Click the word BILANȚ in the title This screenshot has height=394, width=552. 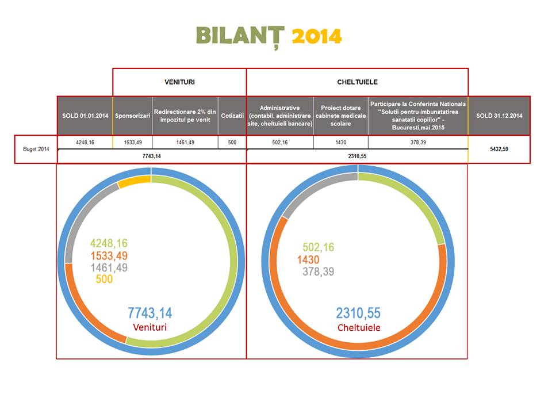[240, 36]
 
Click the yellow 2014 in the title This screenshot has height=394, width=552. [317, 36]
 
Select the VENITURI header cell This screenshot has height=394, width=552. [179, 82]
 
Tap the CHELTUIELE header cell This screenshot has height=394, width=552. [357, 82]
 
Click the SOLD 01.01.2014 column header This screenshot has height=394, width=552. [85, 116]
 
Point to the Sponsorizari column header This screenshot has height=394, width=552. [132, 116]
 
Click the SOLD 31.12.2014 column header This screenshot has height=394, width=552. [499, 116]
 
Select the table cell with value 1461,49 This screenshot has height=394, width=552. [185, 141]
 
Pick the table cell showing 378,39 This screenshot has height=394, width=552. [417, 141]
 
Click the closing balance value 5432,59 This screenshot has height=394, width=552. [499, 149]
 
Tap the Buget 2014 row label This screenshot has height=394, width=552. [35, 149]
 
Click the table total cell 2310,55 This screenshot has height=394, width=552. [357, 156]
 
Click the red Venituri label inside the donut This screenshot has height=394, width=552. [149, 327]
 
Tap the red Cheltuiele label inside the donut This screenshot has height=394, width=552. [358, 327]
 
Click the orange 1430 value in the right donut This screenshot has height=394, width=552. [308, 260]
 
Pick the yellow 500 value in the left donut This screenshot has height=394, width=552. [104, 280]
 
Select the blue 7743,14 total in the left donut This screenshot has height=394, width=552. [149, 313]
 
